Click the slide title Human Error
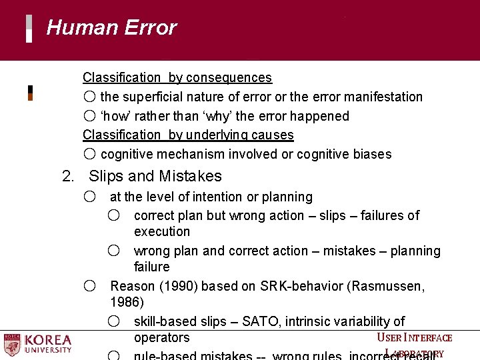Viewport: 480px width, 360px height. coord(111,28)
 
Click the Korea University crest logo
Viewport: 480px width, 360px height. coord(12,345)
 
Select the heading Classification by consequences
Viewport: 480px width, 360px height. coord(177,78)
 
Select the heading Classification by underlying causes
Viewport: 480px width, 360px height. coord(188,135)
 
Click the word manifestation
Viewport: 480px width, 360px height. coord(382,97)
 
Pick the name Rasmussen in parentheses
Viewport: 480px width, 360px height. coord(386,286)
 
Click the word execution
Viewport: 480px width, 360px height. coord(162,232)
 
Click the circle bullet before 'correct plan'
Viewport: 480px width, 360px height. coord(114,215)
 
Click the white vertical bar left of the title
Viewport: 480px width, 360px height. coord(29,29)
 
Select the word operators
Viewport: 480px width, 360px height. coord(162,338)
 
